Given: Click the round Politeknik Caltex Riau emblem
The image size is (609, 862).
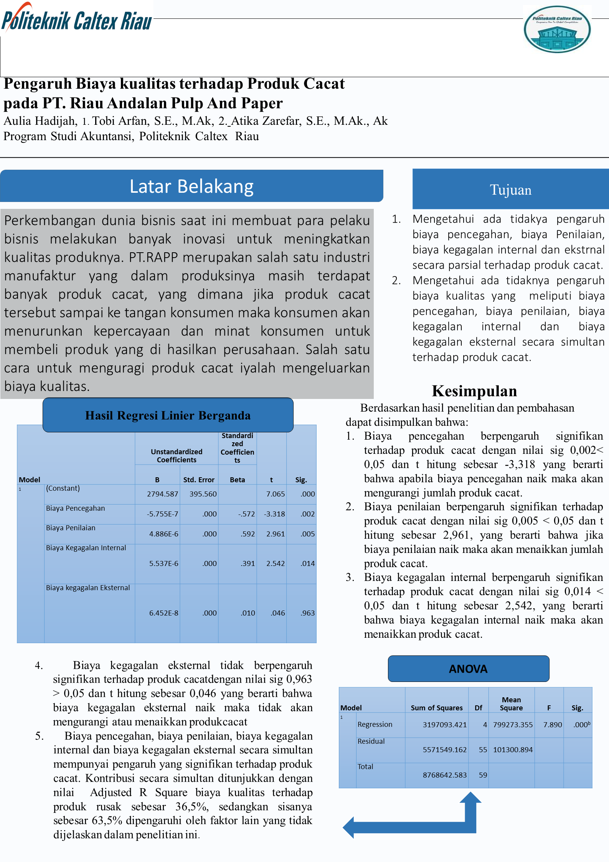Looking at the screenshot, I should tap(557, 29).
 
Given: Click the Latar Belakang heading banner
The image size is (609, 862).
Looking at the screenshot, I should tap(191, 186).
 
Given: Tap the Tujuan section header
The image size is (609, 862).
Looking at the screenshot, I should tap(510, 190).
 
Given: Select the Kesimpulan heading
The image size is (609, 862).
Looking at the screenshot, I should tap(474, 391).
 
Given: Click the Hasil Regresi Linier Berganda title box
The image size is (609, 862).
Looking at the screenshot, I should tap(168, 415).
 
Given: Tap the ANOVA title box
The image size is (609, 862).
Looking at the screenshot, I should tap(468, 669).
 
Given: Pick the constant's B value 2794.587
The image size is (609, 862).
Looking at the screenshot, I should tap(162, 494).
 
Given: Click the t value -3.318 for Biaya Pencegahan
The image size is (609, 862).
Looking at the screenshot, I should tap(274, 514).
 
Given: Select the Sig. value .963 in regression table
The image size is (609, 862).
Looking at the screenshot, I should tap(307, 613).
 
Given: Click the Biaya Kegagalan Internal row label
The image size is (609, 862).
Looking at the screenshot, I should tap(86, 548).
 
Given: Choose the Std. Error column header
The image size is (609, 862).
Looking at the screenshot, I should tap(199, 480).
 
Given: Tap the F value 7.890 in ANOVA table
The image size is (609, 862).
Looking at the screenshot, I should tap(552, 725).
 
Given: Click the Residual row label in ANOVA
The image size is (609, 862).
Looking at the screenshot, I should tap(371, 741).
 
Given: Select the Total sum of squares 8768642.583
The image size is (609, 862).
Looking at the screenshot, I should tap(444, 775).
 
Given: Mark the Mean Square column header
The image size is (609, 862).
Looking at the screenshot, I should tap(511, 704).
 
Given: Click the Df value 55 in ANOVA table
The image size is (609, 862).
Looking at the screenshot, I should tap(483, 749).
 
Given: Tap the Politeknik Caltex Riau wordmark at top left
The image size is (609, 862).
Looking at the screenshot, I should tap(77, 20).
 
